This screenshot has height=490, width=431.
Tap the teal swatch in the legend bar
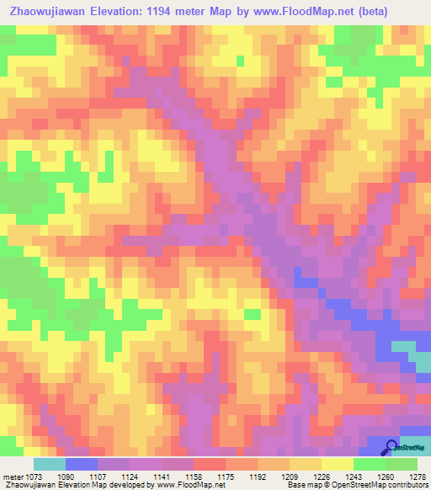point(49,464)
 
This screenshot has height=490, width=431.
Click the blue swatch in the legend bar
point(81,464)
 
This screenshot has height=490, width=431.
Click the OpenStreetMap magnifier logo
point(391,447)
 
